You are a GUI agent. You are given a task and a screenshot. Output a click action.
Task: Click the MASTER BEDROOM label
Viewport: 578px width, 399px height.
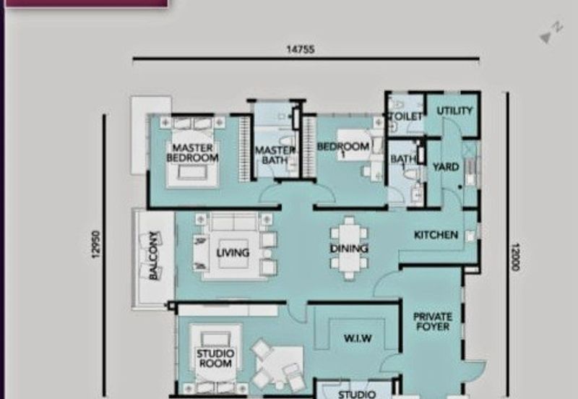click(x=192, y=153)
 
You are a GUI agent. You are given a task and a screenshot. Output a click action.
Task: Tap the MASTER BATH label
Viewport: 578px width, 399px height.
click(x=275, y=155)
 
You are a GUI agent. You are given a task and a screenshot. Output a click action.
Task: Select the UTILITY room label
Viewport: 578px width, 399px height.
click(x=454, y=111)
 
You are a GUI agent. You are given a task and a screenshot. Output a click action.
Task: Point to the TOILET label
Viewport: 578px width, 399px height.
click(x=405, y=116)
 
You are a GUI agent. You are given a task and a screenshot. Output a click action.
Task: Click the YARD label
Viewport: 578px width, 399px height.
click(x=446, y=167)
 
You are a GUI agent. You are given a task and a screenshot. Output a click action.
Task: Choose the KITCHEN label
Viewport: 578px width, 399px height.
click(x=436, y=235)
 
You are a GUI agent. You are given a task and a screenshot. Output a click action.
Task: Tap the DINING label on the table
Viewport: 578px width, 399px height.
click(x=349, y=249)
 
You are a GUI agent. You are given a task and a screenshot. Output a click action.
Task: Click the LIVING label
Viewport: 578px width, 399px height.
click(x=233, y=252)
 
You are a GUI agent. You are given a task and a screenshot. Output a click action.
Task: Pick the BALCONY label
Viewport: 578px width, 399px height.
click(x=154, y=255)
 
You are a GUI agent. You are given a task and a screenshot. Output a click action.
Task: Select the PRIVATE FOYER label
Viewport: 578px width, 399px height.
click(x=433, y=322)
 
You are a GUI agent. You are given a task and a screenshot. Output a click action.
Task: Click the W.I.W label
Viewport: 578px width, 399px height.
click(x=358, y=338)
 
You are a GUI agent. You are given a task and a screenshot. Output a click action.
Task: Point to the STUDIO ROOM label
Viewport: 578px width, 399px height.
click(x=215, y=359)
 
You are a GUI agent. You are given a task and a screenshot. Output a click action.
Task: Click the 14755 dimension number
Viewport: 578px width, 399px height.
click(x=301, y=49)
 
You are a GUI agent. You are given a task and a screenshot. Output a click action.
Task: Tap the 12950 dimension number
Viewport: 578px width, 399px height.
click(x=96, y=244)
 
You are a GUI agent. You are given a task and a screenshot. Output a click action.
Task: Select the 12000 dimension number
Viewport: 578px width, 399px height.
click(x=515, y=257)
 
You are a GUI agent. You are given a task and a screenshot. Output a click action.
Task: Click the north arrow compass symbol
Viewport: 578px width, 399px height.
click(x=551, y=33)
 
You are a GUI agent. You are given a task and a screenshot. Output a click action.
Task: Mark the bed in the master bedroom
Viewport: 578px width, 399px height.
click(x=192, y=153)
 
